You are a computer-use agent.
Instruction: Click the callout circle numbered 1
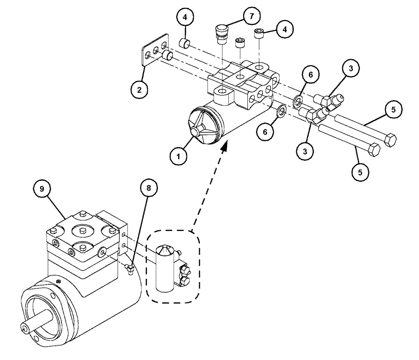click(179, 157)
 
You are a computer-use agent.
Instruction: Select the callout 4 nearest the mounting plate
click(184, 18)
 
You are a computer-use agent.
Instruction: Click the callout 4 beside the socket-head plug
click(284, 30)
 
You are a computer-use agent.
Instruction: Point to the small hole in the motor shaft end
click(23, 329)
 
